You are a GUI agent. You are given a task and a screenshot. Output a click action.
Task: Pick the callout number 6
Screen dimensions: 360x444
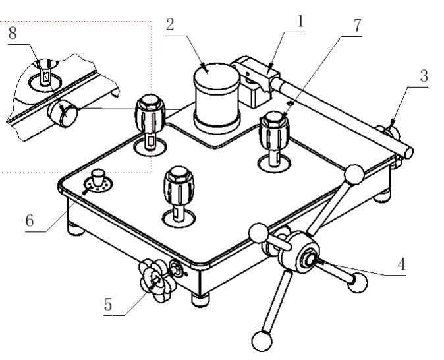[x=30, y=221]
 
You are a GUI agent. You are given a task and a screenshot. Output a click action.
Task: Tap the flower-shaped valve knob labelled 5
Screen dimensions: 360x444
[x=156, y=281]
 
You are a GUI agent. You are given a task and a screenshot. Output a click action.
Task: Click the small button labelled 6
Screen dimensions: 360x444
[x=99, y=177]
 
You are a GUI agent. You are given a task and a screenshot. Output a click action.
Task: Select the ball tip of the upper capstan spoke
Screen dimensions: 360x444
[x=356, y=173]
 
